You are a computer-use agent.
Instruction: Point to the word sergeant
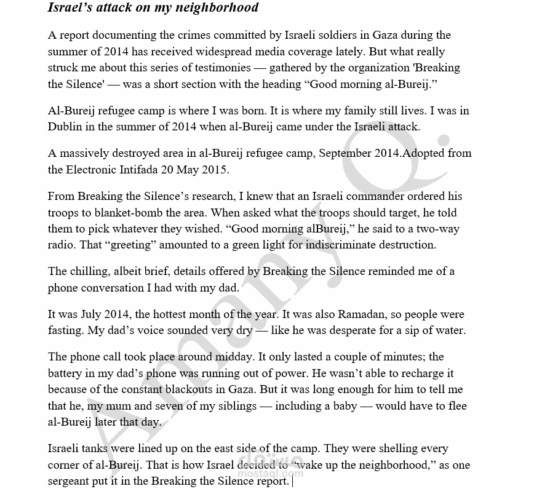pos(72,481)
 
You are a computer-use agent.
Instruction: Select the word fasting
pos(65,330)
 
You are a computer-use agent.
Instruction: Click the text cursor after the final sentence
pos(293,481)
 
